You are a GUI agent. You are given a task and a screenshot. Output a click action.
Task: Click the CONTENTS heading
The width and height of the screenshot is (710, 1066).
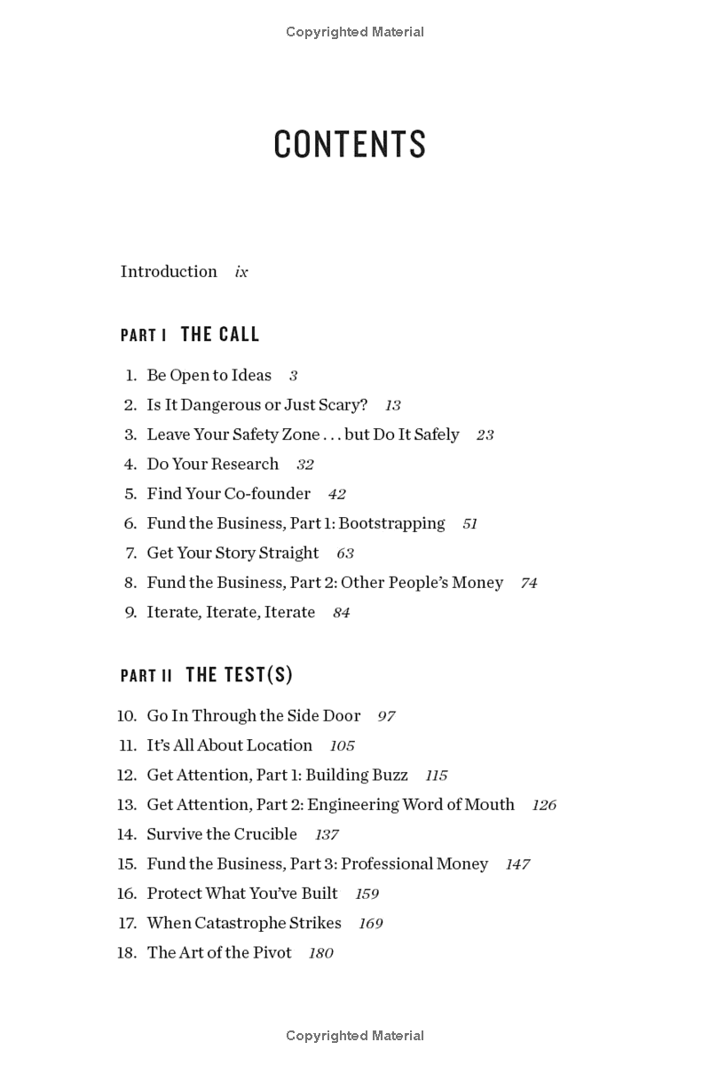point(350,145)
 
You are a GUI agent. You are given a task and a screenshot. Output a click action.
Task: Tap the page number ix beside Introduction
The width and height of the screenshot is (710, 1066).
point(241,272)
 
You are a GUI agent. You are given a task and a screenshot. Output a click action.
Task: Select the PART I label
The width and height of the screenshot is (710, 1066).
point(144,335)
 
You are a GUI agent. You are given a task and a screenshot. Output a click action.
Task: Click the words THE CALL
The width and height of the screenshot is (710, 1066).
point(220,334)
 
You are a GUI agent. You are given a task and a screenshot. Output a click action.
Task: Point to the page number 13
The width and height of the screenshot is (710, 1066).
point(392,406)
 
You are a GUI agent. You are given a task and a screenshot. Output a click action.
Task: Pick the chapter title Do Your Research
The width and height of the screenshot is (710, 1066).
point(212,464)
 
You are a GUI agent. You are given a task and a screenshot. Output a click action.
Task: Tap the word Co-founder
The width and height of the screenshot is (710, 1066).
point(267,494)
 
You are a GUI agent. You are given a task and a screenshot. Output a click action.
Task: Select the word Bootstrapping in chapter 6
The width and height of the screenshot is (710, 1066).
point(391,523)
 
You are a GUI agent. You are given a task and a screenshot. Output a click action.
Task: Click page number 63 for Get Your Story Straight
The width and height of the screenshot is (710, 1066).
point(345,553)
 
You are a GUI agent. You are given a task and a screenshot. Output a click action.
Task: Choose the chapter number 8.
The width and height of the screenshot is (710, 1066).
point(130,583)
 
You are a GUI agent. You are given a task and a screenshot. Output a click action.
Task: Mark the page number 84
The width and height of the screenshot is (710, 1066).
point(342,613)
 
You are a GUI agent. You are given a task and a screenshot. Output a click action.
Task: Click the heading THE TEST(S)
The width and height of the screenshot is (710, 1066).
point(239,675)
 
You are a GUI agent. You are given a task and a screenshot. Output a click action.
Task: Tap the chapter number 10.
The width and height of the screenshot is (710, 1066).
point(127,716)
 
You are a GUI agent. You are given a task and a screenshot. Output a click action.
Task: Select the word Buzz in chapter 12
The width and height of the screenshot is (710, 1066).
point(390,775)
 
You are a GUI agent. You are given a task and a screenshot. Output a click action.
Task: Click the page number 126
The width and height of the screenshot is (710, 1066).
point(544,806)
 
